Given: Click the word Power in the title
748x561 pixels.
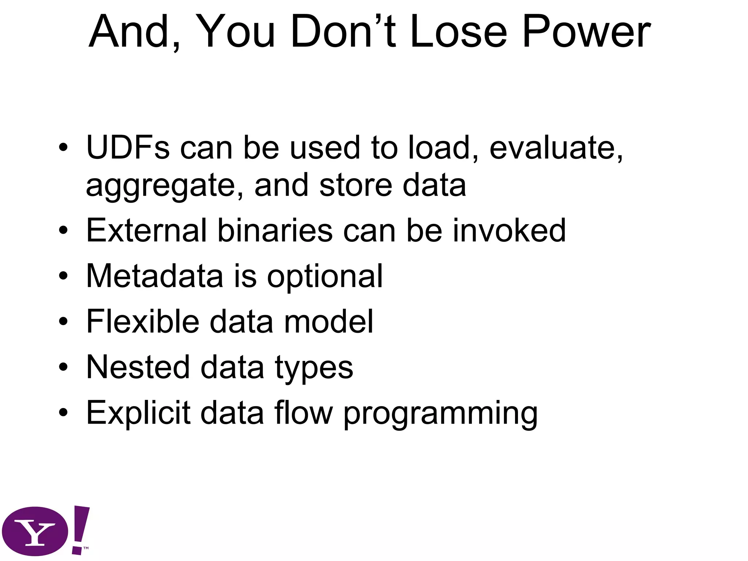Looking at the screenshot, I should click(586, 32).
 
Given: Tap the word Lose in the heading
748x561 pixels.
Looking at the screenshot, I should click(458, 32).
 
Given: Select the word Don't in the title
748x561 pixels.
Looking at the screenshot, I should click(343, 32).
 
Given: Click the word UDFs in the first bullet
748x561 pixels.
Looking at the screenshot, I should click(128, 148).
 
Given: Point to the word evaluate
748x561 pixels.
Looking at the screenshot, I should click(556, 148).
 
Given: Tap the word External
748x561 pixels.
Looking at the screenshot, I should click(146, 230).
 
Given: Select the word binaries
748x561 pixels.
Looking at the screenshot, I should click(275, 230).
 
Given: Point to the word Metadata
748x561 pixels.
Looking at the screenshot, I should click(154, 276).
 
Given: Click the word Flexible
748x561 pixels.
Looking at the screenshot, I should click(142, 321).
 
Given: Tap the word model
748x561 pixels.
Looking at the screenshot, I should click(329, 321).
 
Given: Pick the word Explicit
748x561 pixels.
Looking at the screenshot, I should click(138, 413).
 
